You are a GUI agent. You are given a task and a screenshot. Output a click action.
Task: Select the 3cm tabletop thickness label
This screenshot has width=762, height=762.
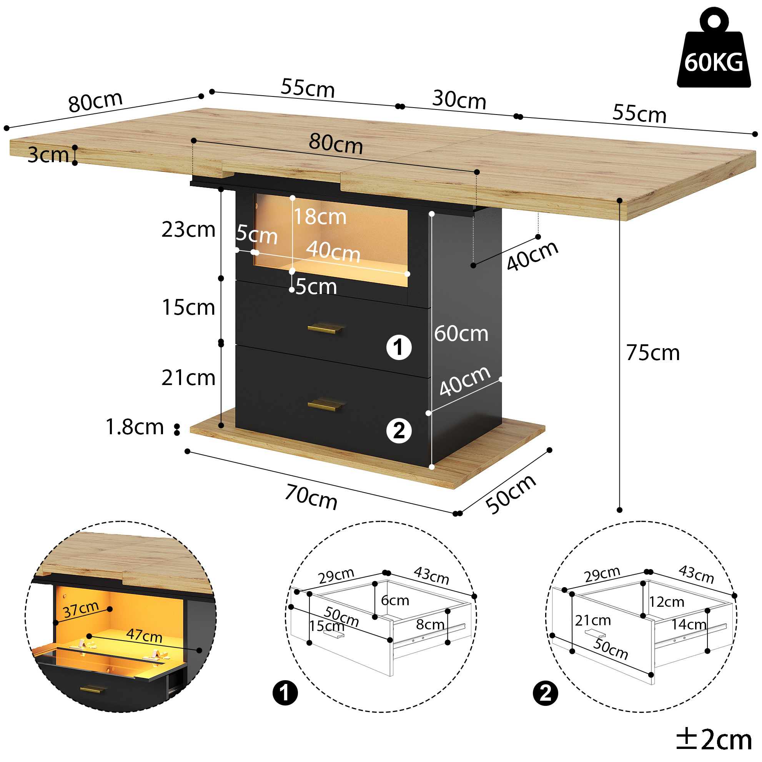tap(48, 154)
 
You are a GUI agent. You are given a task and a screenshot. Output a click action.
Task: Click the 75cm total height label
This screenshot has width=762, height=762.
tap(653, 353)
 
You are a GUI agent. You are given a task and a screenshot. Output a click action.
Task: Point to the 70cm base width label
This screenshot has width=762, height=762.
tap(311, 497)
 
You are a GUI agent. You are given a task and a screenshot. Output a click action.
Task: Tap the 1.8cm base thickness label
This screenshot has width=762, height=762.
tap(135, 427)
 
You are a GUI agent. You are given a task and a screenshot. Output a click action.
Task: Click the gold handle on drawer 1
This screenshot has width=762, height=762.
tap(326, 328)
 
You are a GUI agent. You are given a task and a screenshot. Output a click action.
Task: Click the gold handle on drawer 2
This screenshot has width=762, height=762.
tap(326, 405)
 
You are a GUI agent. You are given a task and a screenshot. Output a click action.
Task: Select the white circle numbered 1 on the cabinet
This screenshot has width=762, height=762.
tap(399, 347)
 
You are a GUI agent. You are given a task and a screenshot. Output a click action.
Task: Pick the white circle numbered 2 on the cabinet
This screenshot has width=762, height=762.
tap(399, 430)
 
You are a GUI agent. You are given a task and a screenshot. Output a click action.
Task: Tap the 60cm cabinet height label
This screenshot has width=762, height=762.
tap(461, 334)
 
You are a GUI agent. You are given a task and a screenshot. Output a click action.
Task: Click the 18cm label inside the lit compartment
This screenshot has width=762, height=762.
tap(320, 217)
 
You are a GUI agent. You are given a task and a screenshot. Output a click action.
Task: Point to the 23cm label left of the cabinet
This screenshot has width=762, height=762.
tap(188, 229)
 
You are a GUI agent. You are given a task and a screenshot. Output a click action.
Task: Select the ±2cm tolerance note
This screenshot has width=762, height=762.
tap(714, 740)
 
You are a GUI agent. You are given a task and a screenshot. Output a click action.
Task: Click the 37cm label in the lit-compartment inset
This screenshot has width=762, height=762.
tap(81, 609)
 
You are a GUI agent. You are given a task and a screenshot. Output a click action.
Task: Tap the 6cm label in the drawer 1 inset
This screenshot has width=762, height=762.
tap(394, 601)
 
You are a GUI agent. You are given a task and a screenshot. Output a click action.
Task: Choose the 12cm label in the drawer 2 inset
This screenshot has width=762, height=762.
tap(667, 602)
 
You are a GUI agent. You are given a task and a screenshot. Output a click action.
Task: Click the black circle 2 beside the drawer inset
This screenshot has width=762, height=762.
tap(546, 693)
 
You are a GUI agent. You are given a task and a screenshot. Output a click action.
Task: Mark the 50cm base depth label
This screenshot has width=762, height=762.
tap(511, 495)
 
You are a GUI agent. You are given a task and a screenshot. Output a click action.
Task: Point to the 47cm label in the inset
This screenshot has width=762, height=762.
tap(145, 636)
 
